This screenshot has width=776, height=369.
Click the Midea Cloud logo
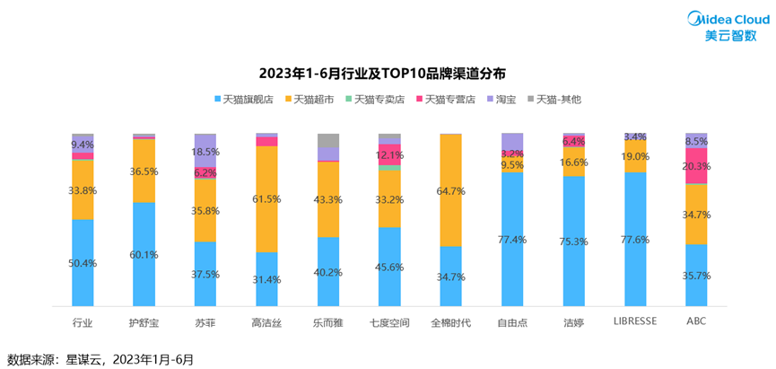pos(724,25)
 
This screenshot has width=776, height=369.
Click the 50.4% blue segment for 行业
pos(83,262)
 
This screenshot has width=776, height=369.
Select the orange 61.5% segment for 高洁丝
pos(266,199)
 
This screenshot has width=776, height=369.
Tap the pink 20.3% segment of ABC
pos(697,166)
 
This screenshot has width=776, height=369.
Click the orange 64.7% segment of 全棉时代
pos(450,190)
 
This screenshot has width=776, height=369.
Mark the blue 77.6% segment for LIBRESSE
pos(635,239)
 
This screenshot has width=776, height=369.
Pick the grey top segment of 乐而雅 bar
pos(328,139)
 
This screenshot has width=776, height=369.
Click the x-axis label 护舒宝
pos(144,321)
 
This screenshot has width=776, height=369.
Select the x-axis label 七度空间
pos(389,321)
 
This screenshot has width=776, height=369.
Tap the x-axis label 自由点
pos(512,321)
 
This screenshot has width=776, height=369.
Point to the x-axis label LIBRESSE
pos(635,320)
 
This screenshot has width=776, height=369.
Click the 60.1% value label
pos(144,254)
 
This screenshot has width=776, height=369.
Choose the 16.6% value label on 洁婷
pos(574,163)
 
